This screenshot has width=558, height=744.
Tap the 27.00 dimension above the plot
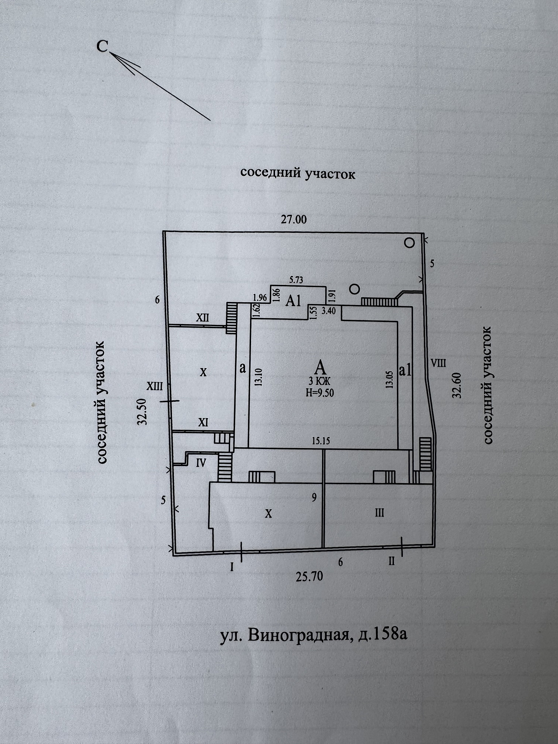(x=294, y=220)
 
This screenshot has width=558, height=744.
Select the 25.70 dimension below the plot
(x=310, y=576)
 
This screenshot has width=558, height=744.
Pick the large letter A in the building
(x=320, y=367)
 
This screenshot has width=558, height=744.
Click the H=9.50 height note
(x=320, y=392)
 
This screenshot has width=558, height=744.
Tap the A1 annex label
(x=293, y=301)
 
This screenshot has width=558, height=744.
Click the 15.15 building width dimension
(x=321, y=441)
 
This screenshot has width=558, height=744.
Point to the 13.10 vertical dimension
(x=259, y=377)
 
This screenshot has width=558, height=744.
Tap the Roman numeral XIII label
(x=154, y=386)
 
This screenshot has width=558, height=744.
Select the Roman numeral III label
(x=379, y=513)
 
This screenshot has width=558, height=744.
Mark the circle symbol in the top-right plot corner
(x=410, y=243)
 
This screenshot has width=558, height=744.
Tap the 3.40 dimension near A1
(x=329, y=311)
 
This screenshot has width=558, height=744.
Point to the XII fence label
(x=202, y=318)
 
